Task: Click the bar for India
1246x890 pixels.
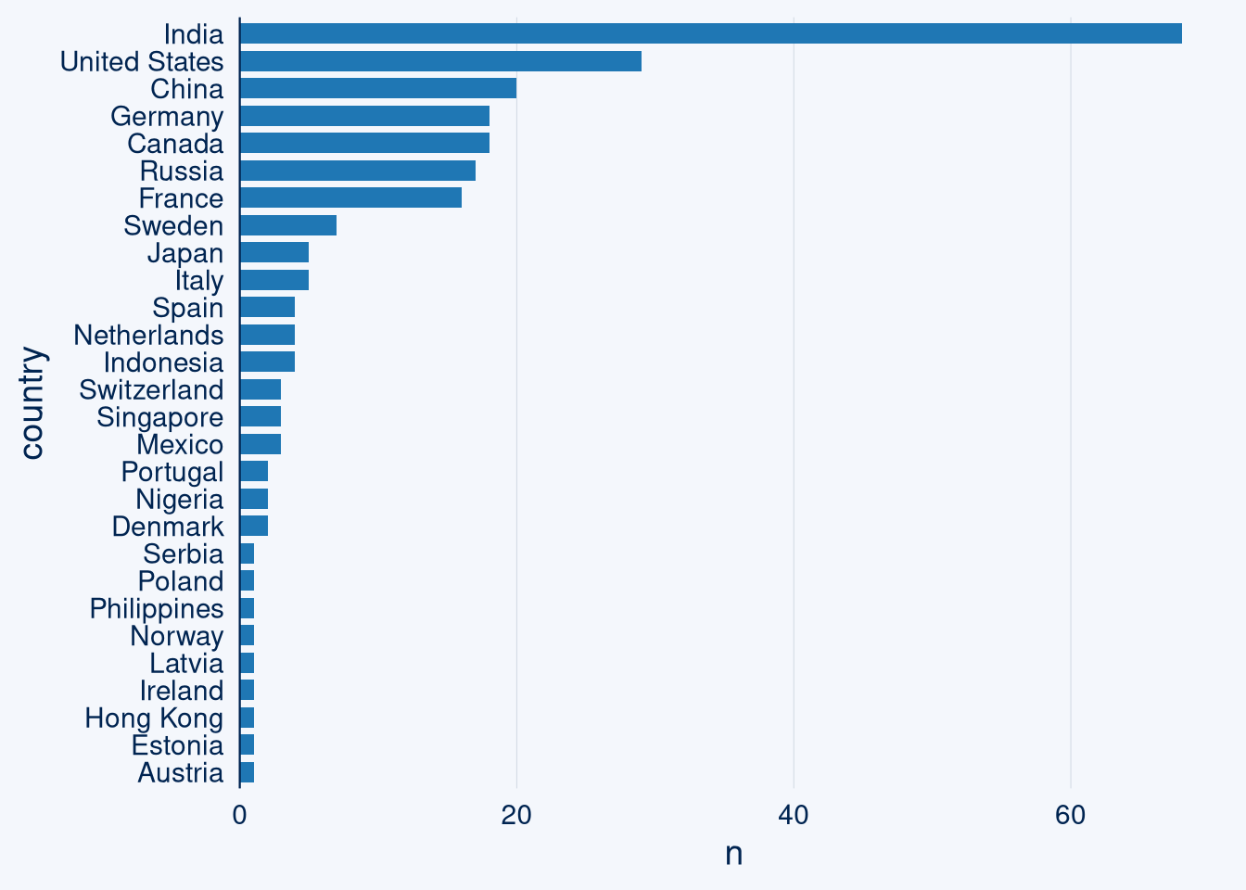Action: pos(710,34)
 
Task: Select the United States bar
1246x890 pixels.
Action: pos(440,61)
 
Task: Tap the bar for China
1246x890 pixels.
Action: pos(378,89)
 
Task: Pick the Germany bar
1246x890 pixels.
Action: pos(364,116)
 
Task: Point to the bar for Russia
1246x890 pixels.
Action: pos(358,171)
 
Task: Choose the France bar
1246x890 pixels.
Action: pos(350,198)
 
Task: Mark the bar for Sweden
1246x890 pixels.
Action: pos(288,225)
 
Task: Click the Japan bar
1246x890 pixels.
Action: pos(274,253)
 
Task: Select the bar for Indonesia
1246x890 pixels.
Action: pos(267,362)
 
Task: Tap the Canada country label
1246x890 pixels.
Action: pos(175,145)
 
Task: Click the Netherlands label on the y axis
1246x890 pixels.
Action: pos(148,336)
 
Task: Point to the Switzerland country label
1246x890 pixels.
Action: pos(151,390)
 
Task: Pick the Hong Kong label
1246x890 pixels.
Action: pos(154,718)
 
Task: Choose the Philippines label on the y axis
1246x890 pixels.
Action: pos(157,609)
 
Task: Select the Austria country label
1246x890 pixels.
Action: pos(180,773)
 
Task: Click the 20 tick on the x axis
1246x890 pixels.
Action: pos(516,815)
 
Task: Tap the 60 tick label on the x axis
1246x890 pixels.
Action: pos(1070,815)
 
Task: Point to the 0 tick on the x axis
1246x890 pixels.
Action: pos(240,815)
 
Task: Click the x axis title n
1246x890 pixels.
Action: pos(733,854)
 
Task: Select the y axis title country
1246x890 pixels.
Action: pos(32,403)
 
